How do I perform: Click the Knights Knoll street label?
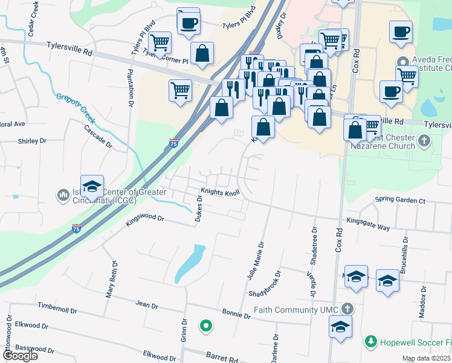[x=221, y=192]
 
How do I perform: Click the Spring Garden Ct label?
[x=400, y=200]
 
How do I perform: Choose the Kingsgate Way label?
[x=368, y=224]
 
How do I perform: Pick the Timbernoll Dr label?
[x=57, y=309]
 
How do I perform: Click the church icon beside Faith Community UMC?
[x=346, y=309]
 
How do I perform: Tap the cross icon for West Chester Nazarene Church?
[x=424, y=142]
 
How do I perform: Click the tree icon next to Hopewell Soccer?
[x=370, y=342]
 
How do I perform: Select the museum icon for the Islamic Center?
[x=63, y=195]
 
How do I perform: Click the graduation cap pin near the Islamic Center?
[x=92, y=185]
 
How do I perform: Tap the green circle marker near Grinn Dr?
[x=206, y=326]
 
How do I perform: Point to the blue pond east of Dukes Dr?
[x=189, y=264]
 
